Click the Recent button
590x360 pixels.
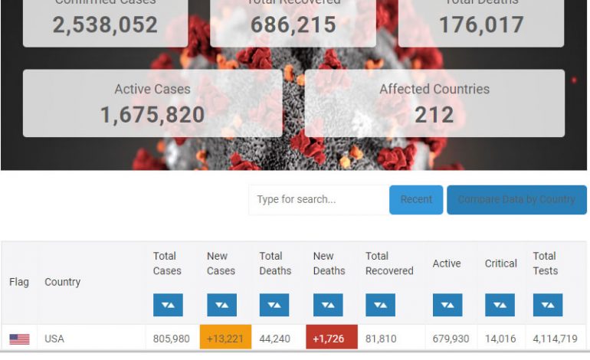[x=416, y=199]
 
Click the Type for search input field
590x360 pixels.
[x=317, y=199]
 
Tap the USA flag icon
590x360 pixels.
[x=19, y=339]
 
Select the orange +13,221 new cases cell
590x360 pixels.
[x=225, y=338]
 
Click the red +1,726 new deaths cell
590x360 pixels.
[x=329, y=338]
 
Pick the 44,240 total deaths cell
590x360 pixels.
[x=275, y=339]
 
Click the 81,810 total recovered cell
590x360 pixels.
[x=381, y=339]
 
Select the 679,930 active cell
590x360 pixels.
[x=451, y=339]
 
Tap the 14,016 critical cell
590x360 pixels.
[x=501, y=339]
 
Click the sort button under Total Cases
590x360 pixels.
[x=168, y=305]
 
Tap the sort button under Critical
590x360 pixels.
[x=500, y=305]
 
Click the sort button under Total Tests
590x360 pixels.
[x=548, y=305]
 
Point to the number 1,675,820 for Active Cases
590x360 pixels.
[x=152, y=115]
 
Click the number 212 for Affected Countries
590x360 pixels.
[x=434, y=115]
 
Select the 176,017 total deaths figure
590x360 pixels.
[x=481, y=25]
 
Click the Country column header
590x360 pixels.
[x=62, y=282]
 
